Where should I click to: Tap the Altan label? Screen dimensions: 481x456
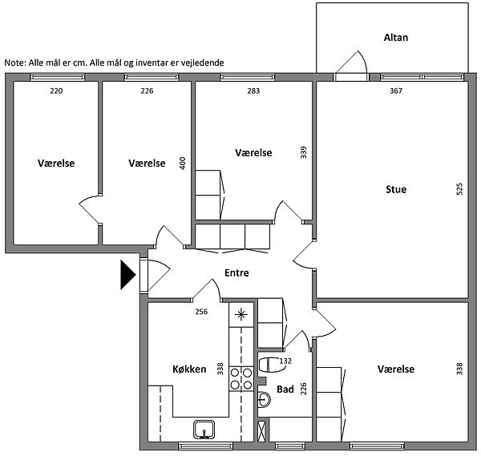[396, 38]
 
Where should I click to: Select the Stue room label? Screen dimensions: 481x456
[396, 189]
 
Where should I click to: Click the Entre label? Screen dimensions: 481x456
[236, 272]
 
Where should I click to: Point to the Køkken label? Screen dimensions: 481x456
[189, 369]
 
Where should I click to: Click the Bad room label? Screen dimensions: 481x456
[285, 389]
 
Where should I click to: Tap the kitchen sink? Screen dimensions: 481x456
[204, 430]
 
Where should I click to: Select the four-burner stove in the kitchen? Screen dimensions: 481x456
[241, 379]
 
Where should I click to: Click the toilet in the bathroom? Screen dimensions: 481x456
[271, 365]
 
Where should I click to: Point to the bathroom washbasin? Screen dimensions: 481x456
[264, 399]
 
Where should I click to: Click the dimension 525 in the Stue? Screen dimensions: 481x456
[459, 189]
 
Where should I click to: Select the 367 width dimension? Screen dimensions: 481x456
[396, 91]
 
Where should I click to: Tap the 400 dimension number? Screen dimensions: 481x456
[183, 163]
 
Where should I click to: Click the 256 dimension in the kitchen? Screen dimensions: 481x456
[201, 312]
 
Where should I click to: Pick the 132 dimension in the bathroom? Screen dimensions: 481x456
[285, 361]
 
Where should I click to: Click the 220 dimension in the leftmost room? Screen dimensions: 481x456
[56, 91]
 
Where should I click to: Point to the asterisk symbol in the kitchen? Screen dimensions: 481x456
[241, 314]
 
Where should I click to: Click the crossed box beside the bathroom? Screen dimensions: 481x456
[262, 431]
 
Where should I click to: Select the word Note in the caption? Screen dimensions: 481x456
[14, 63]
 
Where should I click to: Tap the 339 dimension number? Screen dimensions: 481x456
[303, 152]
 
